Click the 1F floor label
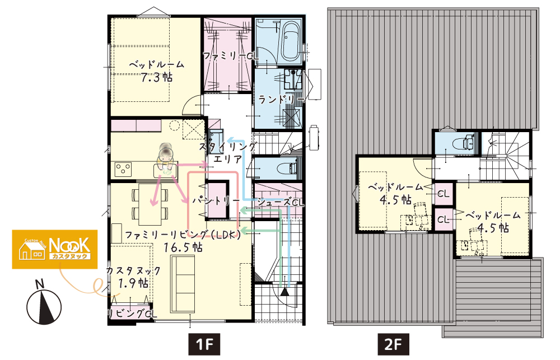pyautogui.click(x=204, y=344)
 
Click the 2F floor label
pyautogui.click(x=393, y=344)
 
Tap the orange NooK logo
pyautogui.click(x=55, y=249)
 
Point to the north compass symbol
pyautogui.click(x=44, y=303)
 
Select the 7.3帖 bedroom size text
pyautogui.click(x=156, y=77)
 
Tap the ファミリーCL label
pyautogui.click(x=231, y=56)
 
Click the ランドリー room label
pyautogui.click(x=281, y=99)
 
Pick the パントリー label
pyautogui.click(x=216, y=200)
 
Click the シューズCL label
pyautogui.click(x=281, y=202)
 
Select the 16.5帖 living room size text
pyautogui.click(x=183, y=247)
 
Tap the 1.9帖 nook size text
pyautogui.click(x=133, y=283)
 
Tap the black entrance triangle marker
pyautogui.click(x=284, y=292)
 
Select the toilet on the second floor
pyautogui.click(x=464, y=143)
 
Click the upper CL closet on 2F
pyautogui.click(x=443, y=194)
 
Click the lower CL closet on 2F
pyautogui.click(x=443, y=219)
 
